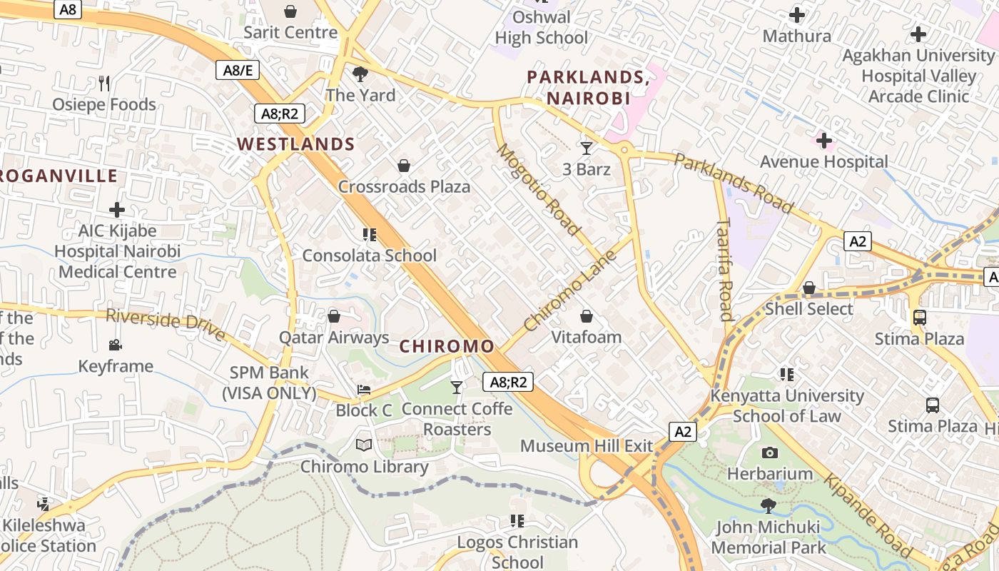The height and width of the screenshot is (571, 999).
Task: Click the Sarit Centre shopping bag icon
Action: (x=290, y=11)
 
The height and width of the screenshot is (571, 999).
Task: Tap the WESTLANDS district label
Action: (x=296, y=144)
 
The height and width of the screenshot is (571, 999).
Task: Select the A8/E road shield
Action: (x=238, y=70)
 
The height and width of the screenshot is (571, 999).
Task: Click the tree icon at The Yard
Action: (x=360, y=74)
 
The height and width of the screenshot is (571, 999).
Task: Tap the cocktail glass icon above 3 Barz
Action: (x=587, y=148)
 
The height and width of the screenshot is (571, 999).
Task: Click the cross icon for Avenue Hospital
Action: (x=824, y=141)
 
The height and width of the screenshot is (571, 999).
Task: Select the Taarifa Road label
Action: (x=726, y=271)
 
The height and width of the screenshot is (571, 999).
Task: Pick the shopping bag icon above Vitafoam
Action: (x=587, y=316)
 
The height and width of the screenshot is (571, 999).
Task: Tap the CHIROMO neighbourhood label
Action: (x=447, y=347)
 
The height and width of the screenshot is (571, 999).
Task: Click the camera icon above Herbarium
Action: (x=769, y=453)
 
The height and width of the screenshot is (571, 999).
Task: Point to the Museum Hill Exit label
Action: (x=587, y=446)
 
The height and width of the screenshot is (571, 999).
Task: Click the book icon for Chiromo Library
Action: (x=364, y=445)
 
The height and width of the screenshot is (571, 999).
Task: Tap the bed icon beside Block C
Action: (x=364, y=390)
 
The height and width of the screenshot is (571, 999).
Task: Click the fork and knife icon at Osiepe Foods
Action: (x=104, y=84)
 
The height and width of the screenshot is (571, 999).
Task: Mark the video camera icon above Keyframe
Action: (x=115, y=345)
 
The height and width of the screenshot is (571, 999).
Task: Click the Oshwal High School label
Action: (x=542, y=27)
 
